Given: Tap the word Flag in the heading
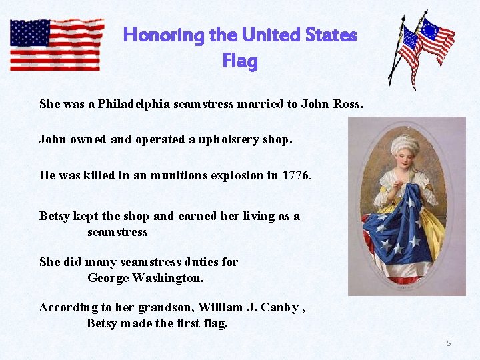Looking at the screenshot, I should pyautogui.click(x=239, y=62).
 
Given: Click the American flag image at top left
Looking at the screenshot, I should pyautogui.click(x=56, y=44).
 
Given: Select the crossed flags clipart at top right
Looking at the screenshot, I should pyautogui.click(x=421, y=49).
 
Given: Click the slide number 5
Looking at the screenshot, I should pyautogui.click(x=449, y=343).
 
